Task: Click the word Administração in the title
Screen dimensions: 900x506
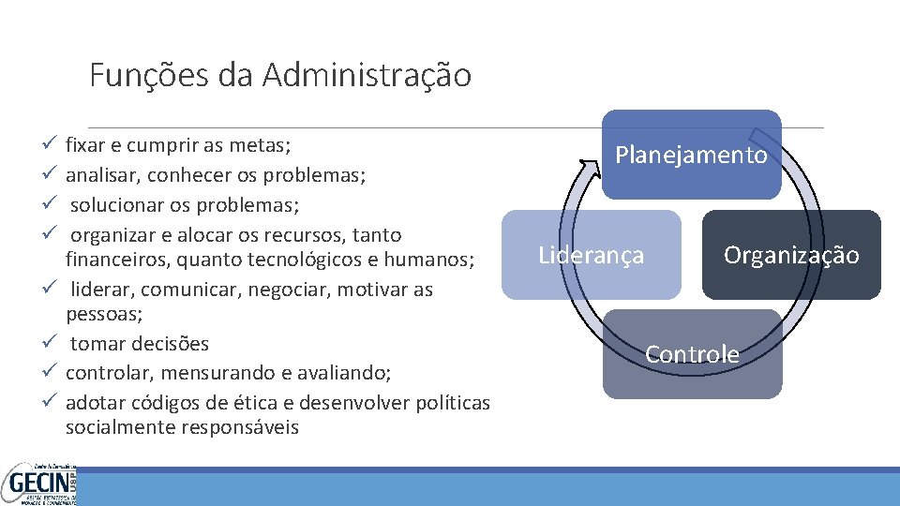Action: click(367, 75)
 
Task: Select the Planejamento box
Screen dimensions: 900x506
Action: click(691, 155)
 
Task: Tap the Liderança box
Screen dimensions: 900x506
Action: click(591, 255)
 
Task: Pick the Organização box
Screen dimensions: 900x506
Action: click(791, 255)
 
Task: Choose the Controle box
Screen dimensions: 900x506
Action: click(692, 354)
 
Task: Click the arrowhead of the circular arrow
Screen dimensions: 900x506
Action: click(589, 169)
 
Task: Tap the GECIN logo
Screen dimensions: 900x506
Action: click(39, 484)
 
